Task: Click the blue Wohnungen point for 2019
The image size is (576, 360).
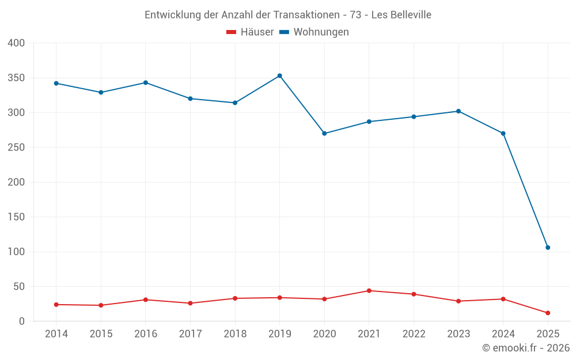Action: [280, 75]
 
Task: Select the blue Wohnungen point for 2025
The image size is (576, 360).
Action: [548, 248]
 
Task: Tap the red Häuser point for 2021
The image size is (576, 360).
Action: [369, 290]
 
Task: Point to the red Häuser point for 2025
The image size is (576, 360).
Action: [548, 313]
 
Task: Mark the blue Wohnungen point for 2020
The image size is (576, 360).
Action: [324, 133]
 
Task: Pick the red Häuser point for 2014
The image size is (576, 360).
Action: [56, 305]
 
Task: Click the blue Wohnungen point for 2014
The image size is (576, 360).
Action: [56, 84]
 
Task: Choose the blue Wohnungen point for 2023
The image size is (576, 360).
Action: [458, 111]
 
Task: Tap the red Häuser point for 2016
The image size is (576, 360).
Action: [146, 300]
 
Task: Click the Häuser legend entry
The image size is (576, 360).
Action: [250, 32]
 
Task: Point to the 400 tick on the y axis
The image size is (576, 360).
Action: [17, 43]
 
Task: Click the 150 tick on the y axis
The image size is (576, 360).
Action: [17, 217]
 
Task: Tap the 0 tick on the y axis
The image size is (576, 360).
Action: [22, 321]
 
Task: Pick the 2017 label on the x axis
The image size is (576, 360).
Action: [190, 334]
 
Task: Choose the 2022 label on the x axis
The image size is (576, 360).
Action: [414, 334]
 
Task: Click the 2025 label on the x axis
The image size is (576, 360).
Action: [548, 334]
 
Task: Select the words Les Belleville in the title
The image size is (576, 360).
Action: [401, 15]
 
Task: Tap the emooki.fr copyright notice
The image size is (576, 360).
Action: [526, 348]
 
